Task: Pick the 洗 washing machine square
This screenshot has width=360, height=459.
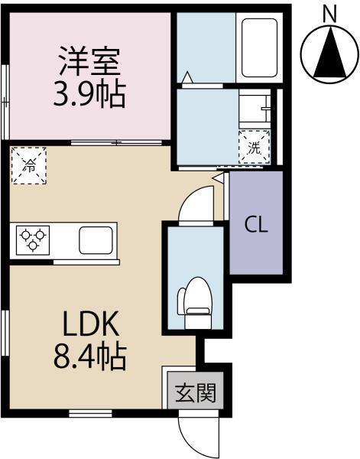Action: pos(253,147)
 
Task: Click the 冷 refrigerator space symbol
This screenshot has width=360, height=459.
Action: pos(29,163)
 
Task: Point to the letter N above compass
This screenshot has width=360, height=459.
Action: pos(329,12)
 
